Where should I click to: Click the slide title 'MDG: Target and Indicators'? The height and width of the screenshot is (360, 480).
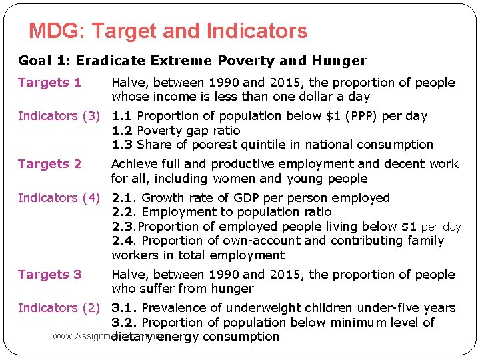[x=168, y=31]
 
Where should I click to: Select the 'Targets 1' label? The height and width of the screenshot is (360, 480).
[x=49, y=83]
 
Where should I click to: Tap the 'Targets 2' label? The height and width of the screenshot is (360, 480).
[x=49, y=164]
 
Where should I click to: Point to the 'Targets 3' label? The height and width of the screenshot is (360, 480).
[x=49, y=275]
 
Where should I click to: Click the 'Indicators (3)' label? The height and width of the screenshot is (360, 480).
[x=59, y=116]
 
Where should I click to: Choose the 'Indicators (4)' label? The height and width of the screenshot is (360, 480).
[x=59, y=198]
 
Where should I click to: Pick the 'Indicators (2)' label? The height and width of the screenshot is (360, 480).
[x=59, y=308]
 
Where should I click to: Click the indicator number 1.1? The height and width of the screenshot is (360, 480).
[x=121, y=116]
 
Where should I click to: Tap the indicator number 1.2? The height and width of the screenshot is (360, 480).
[x=121, y=131]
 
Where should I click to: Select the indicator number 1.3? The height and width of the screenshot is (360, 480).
[x=121, y=145]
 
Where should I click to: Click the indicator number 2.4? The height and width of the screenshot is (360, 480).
[x=123, y=241]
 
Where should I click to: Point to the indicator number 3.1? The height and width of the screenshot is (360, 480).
[x=123, y=308]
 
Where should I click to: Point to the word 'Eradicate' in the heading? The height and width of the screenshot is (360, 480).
[x=107, y=61]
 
